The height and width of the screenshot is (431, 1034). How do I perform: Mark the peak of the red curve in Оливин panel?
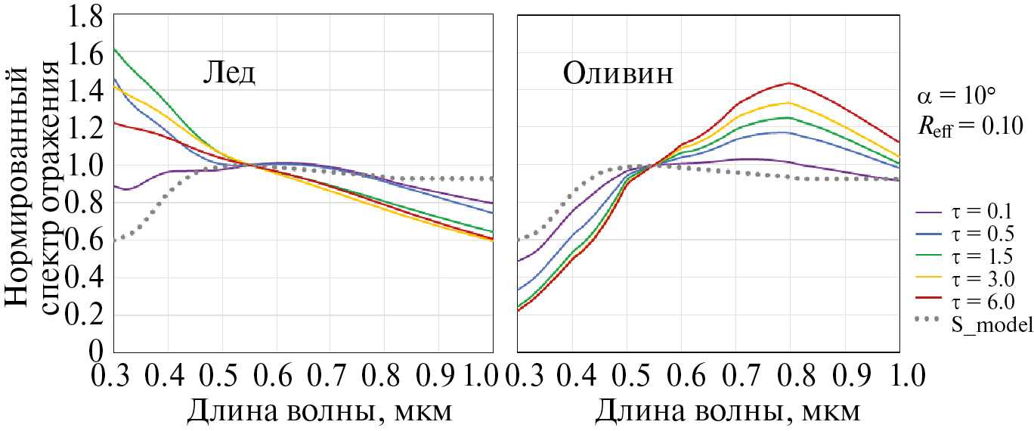[789, 82]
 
